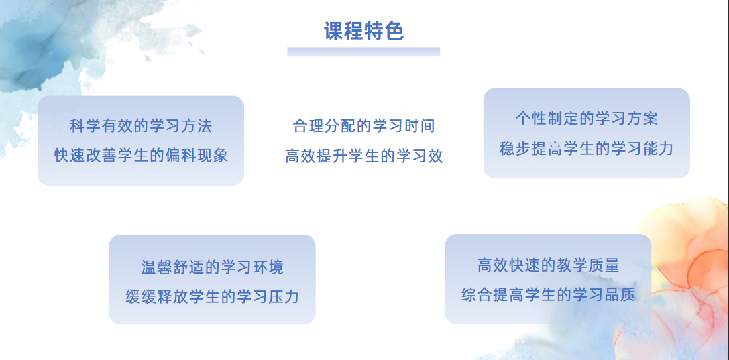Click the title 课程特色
tap(363, 31)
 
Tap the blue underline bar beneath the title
tap(363, 52)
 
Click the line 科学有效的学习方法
tap(141, 125)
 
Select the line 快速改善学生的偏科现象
tap(141, 155)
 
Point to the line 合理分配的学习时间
tap(363, 125)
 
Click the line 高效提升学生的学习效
tap(363, 156)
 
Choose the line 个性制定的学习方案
tap(586, 119)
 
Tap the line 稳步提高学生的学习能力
tap(586, 148)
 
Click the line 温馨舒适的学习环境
tap(212, 267)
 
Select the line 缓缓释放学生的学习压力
tap(212, 296)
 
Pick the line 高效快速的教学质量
tap(548, 265)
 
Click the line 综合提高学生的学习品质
tap(548, 295)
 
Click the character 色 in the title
tap(394, 31)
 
